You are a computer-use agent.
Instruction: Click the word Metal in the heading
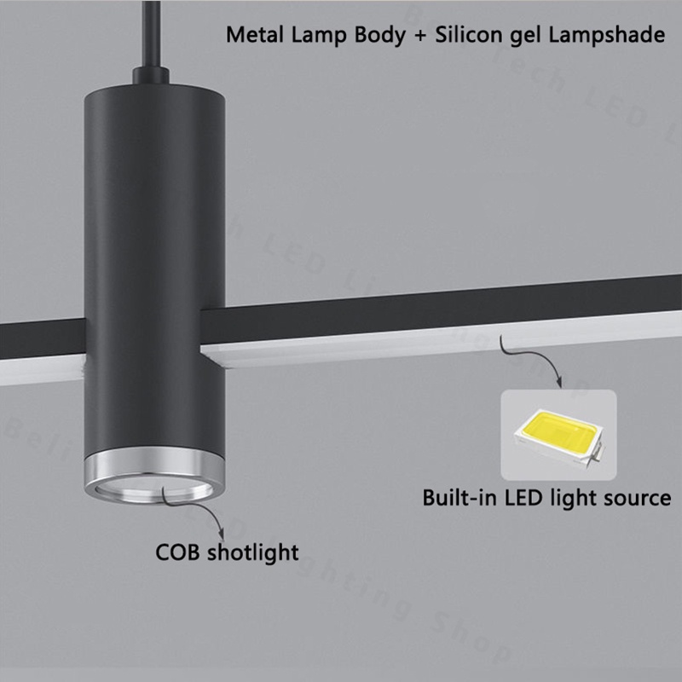[x=251, y=37]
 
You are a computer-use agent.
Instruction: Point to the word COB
[x=178, y=552]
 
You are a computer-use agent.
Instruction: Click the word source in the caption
[x=636, y=497]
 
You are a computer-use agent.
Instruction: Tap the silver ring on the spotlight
[x=153, y=468]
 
